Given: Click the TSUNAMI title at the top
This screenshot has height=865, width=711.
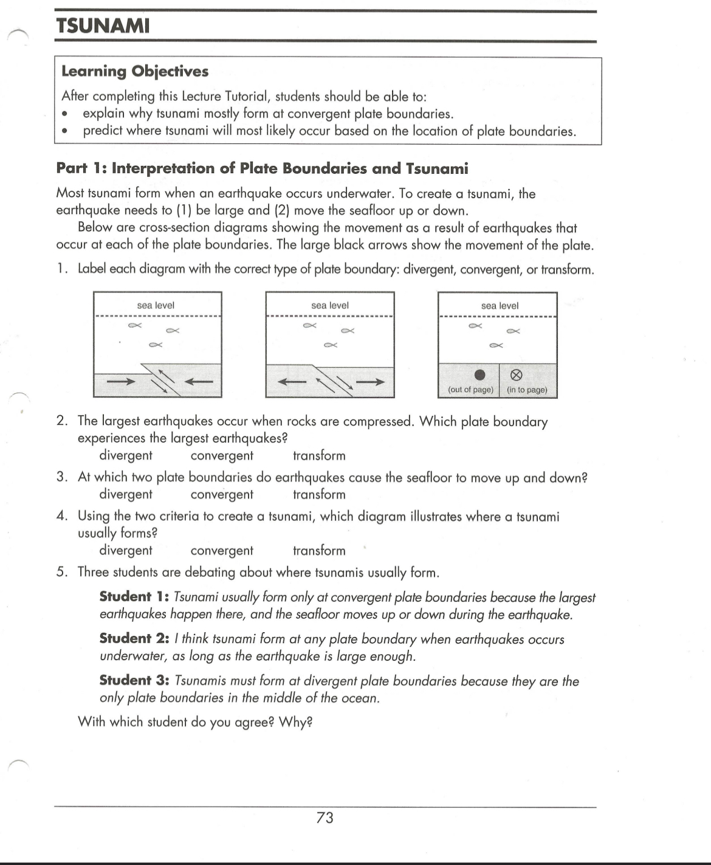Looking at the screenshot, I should point(102,26).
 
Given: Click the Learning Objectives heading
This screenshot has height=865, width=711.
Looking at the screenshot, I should point(135,71).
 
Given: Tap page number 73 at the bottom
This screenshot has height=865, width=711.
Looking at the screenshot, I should point(325,818).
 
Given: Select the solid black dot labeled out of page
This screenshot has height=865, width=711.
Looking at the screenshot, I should point(479,374).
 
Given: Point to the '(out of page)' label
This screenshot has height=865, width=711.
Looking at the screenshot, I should point(470,390).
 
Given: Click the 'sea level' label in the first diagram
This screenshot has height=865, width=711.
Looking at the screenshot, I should point(156,305).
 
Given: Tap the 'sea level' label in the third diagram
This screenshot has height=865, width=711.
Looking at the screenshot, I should point(500,306).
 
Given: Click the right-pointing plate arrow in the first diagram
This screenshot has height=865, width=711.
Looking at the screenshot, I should point(121,382).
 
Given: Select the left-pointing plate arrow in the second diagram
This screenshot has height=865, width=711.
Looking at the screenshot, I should point(292,382).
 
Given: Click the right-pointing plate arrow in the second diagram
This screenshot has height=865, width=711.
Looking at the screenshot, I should point(371,382).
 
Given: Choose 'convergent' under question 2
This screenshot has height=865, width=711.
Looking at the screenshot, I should point(222,456).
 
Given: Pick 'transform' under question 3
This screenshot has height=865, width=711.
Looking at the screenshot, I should point(319,495).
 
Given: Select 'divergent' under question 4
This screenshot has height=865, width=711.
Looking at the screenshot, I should point(126,551).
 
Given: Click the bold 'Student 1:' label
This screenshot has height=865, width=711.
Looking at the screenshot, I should point(134,597).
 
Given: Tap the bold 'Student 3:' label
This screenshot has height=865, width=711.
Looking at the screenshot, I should point(134,681).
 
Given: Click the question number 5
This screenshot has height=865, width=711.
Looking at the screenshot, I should point(61,573).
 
